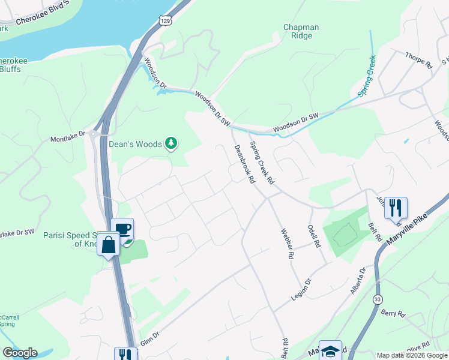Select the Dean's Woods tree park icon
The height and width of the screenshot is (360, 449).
pyautogui.click(x=172, y=143)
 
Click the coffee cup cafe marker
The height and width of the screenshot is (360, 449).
pyautogui.click(x=122, y=229)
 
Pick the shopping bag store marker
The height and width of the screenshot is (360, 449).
pyautogui.click(x=109, y=245)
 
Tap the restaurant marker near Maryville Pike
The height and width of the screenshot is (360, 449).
pyautogui.click(x=396, y=208)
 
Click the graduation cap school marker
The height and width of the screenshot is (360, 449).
pyautogui.click(x=330, y=350)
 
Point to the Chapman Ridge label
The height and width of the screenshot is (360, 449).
pyautogui.click(x=301, y=32)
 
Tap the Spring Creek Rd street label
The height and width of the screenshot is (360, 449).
pyautogui.click(x=262, y=162)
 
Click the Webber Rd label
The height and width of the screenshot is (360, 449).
pyautogui.click(x=286, y=243)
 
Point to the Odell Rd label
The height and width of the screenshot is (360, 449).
pyautogui.click(x=315, y=237)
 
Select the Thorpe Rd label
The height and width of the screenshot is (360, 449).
pyautogui.click(x=419, y=59)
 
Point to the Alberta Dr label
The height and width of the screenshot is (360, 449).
pyautogui.click(x=359, y=280)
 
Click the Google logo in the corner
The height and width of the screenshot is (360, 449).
pyautogui.click(x=20, y=352)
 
